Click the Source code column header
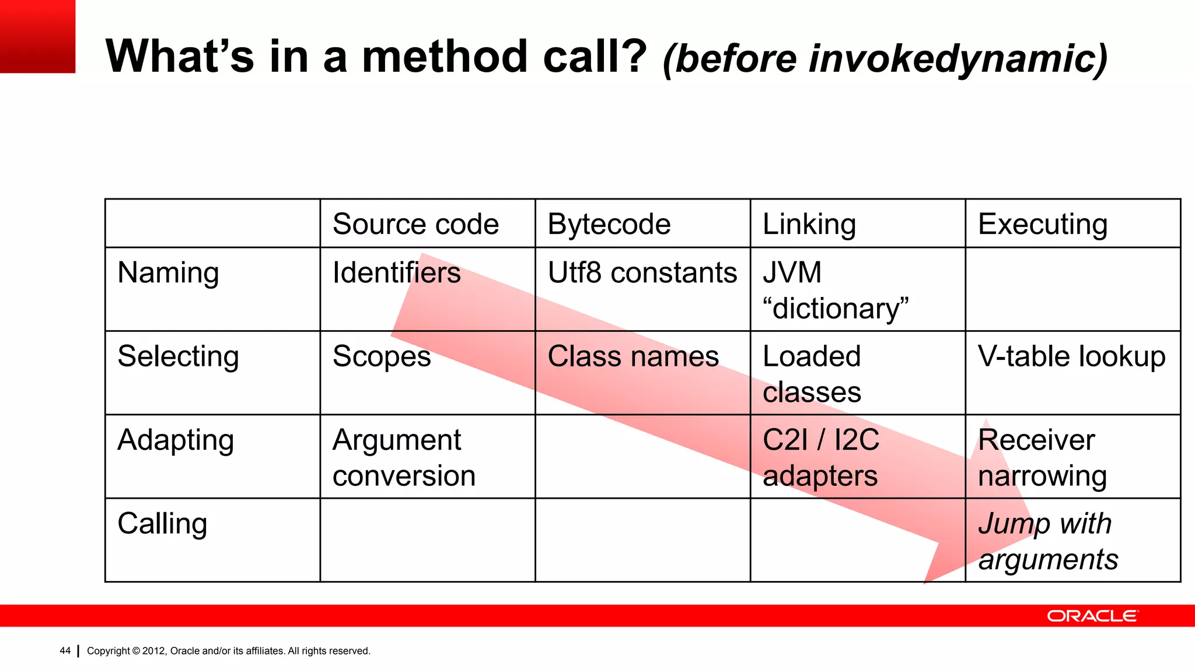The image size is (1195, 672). [x=415, y=225]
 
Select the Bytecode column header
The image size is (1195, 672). [x=609, y=225]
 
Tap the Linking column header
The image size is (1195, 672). [x=809, y=225]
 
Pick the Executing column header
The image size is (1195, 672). [x=1043, y=225]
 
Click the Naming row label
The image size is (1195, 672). [x=168, y=273]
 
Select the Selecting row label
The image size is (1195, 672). [x=178, y=356]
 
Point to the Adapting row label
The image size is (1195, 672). [x=176, y=440]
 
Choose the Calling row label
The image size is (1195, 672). [x=162, y=524]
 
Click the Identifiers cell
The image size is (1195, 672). [x=397, y=273]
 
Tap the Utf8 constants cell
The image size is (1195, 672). [x=642, y=273]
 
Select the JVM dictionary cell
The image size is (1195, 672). [x=836, y=290]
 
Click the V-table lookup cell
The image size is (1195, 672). [x=1072, y=356]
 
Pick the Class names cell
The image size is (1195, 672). [x=633, y=356]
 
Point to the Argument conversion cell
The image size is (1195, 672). [x=404, y=458]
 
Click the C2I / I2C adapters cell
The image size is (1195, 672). [x=820, y=458]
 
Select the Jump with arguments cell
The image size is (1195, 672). [x=1048, y=541]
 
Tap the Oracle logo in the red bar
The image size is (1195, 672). [x=1092, y=616]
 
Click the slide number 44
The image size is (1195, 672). [x=65, y=651]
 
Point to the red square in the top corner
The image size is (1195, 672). [x=37, y=36]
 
